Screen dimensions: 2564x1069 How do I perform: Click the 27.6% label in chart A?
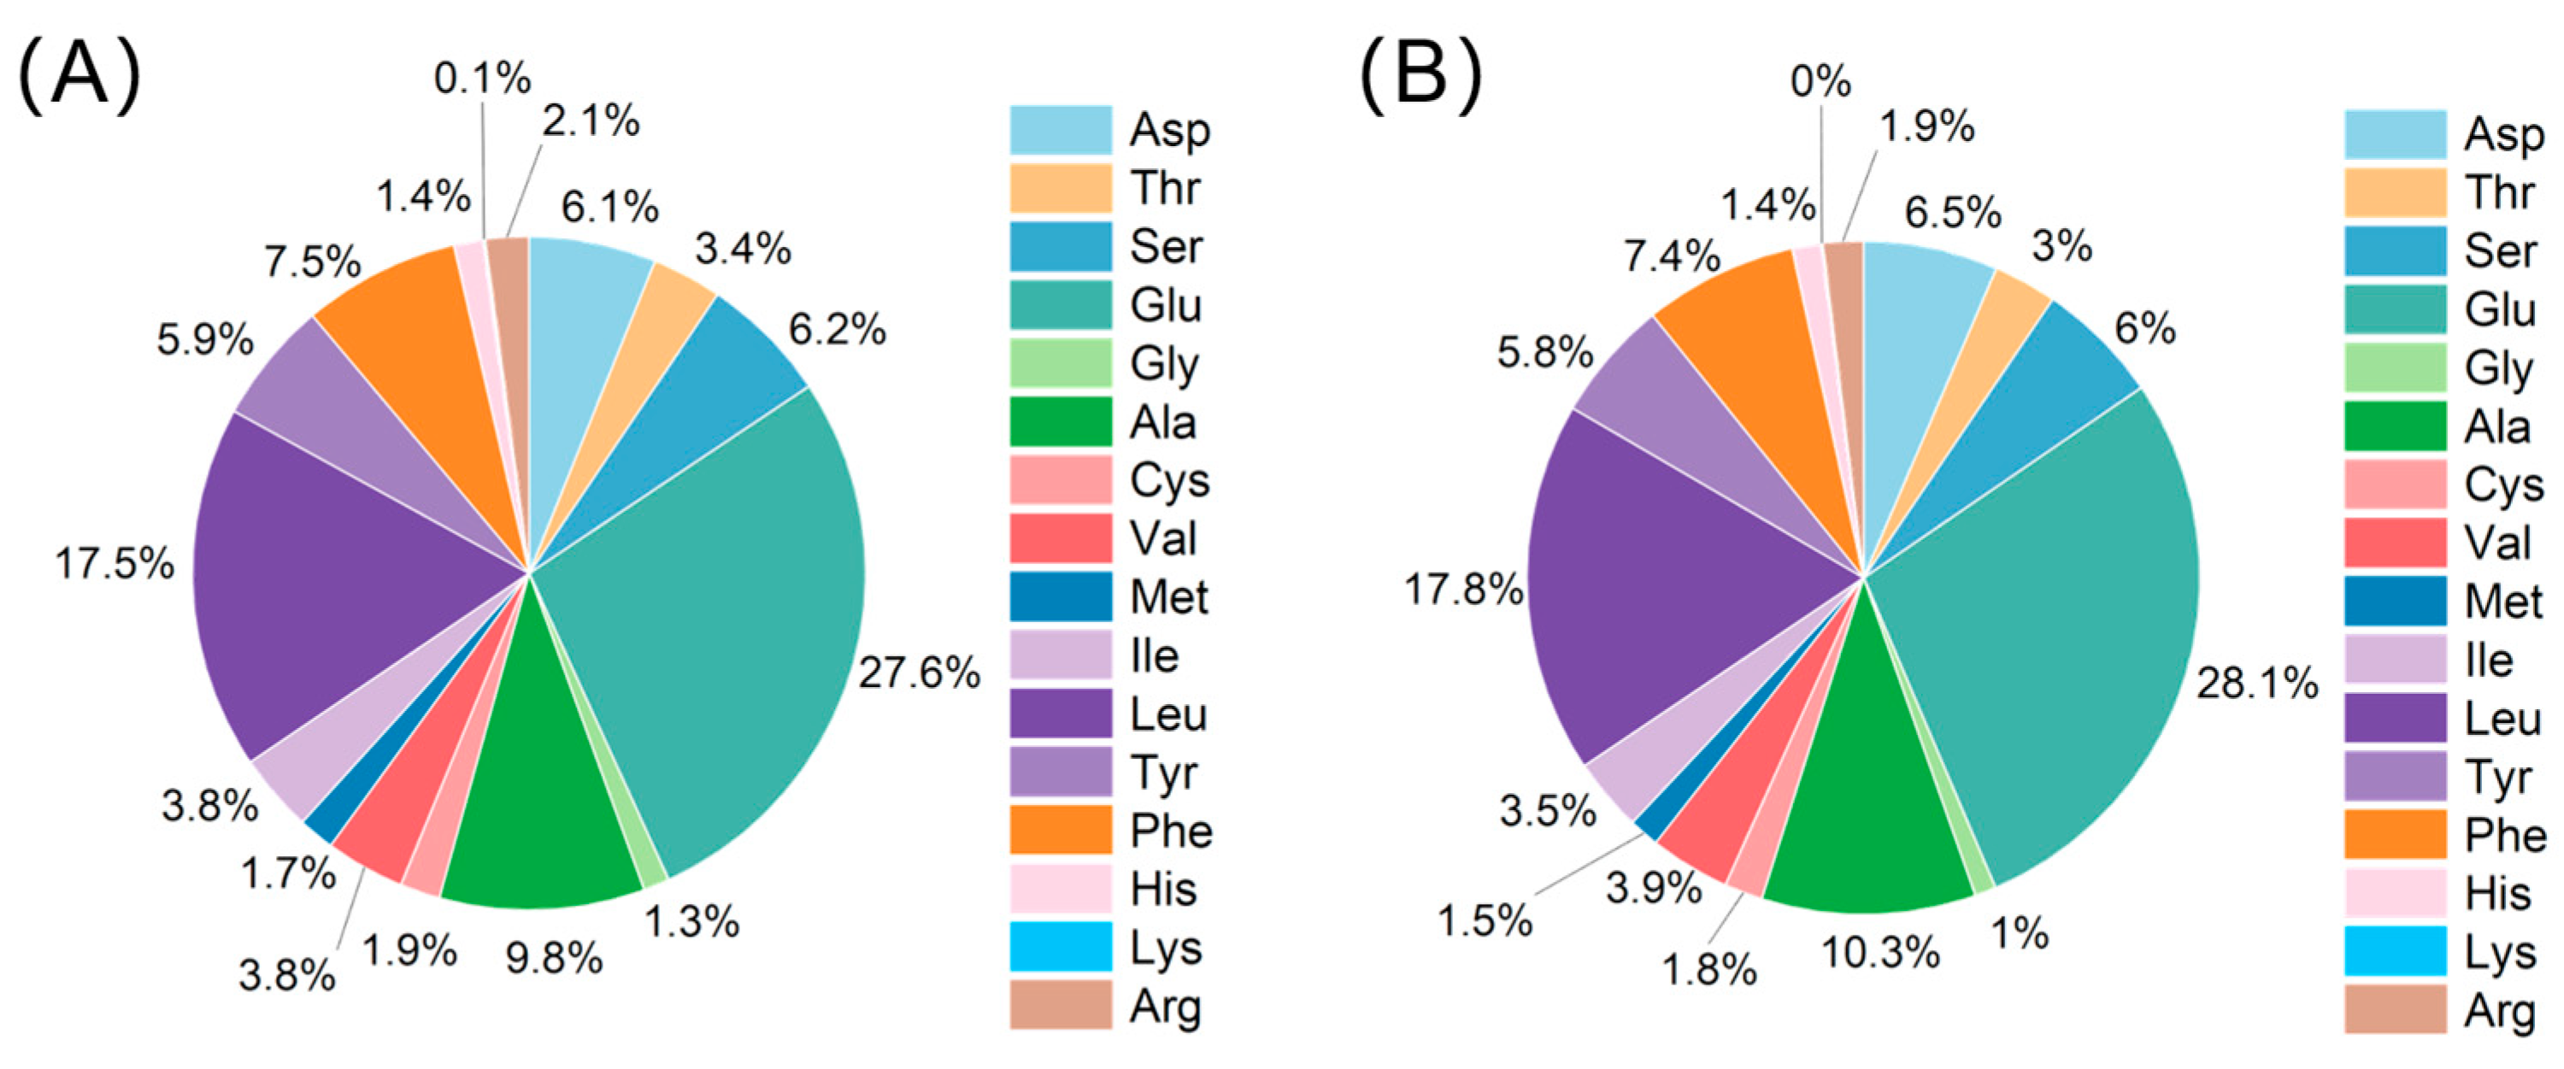click(919, 674)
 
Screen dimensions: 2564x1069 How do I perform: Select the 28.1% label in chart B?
click(2257, 684)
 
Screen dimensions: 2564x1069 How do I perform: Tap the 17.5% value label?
click(115, 564)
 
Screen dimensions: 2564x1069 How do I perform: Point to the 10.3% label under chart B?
click(1880, 953)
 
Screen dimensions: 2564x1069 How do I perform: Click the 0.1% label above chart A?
click(483, 79)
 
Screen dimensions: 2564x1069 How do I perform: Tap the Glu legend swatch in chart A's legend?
click(1061, 304)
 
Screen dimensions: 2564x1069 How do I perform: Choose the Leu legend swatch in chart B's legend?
click(2395, 719)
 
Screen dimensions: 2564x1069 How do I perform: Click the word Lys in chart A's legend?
click(1166, 948)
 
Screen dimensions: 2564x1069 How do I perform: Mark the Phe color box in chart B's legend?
click(2395, 834)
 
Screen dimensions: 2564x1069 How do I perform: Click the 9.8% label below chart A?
click(555, 959)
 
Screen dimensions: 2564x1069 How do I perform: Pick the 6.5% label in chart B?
click(1953, 212)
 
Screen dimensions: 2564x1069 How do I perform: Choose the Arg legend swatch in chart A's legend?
click(1061, 1004)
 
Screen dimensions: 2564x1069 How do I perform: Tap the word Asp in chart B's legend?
click(2504, 135)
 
